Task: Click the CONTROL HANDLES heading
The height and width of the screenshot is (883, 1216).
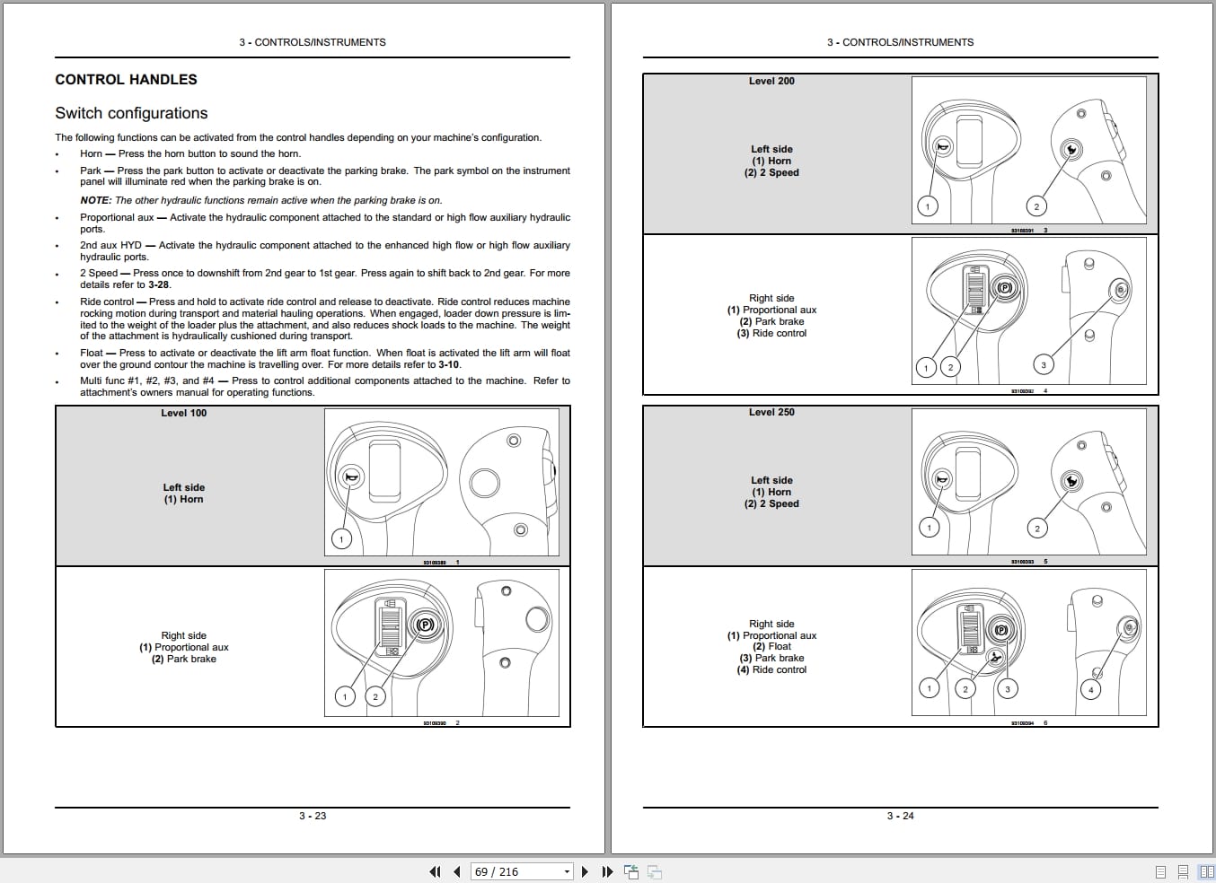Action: point(126,80)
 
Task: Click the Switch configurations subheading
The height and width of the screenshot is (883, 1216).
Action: point(131,113)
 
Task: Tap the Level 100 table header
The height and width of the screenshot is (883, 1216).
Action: point(183,414)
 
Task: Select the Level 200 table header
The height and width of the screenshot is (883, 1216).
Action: point(771,82)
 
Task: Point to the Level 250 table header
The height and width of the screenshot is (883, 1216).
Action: point(771,413)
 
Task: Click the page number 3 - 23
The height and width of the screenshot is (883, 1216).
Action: point(313,816)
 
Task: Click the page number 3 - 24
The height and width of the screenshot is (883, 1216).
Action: point(900,816)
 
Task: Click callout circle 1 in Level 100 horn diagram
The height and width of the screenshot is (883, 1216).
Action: point(341,538)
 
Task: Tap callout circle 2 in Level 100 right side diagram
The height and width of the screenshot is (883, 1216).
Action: point(375,696)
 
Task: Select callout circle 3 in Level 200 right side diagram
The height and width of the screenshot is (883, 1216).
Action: point(1043,364)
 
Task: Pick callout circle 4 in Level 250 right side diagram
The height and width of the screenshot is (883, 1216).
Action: point(1090,689)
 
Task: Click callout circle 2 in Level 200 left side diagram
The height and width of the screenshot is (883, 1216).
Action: point(1035,206)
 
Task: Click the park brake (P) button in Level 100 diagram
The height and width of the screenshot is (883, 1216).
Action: point(425,625)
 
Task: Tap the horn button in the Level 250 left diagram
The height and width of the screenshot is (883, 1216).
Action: point(941,480)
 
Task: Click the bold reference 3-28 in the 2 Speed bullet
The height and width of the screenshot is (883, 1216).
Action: point(159,284)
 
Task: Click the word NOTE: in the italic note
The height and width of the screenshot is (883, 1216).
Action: point(96,200)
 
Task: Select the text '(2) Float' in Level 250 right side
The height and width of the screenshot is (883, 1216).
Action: point(771,646)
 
